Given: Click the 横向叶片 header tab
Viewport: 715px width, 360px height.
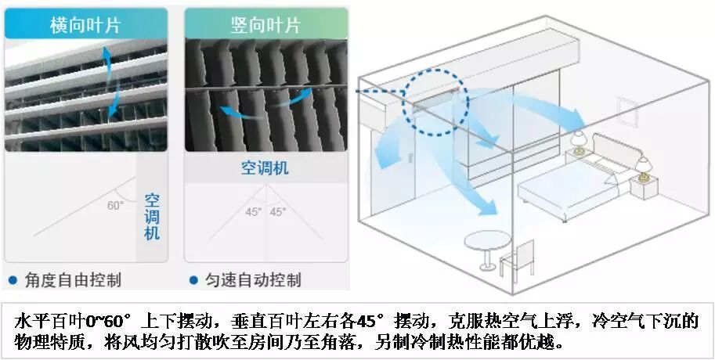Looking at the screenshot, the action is tap(85, 24).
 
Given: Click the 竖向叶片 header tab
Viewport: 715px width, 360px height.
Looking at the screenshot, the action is tap(265, 24).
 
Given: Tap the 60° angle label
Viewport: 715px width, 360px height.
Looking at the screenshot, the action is tap(115, 207).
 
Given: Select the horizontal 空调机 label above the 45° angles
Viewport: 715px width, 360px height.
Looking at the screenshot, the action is tap(265, 168).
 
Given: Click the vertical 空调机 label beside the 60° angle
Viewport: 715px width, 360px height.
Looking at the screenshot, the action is tap(152, 216).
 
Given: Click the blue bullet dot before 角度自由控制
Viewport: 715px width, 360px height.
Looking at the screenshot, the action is tap(13, 280).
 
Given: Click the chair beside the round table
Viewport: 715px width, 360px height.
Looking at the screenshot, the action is tap(518, 258).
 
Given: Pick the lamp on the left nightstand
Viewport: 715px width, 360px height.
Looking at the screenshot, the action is tap(578, 142).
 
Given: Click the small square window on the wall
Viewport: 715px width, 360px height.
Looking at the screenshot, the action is tap(627, 111).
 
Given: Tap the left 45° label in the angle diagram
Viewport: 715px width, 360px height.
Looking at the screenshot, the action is tap(253, 212).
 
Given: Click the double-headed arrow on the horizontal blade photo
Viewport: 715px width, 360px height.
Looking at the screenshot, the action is tap(110, 78).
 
